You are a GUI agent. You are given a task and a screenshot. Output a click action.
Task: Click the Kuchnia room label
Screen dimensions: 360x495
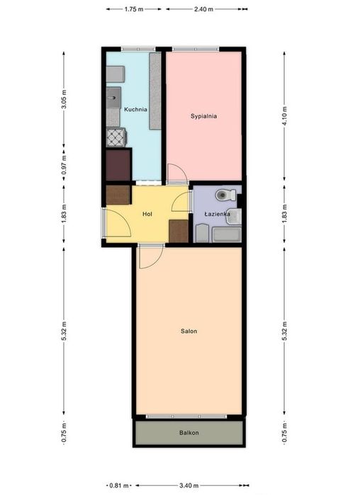click(135, 110)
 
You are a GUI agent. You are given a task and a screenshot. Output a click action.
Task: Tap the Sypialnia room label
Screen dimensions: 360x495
click(203, 116)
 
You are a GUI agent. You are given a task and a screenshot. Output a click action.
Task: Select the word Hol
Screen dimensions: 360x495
click(147, 214)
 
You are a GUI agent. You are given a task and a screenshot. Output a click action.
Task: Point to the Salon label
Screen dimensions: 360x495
click(189, 331)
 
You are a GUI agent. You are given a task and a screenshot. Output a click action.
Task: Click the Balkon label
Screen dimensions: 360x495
click(189, 433)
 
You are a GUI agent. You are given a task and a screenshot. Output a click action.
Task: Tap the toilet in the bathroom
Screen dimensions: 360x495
click(225, 195)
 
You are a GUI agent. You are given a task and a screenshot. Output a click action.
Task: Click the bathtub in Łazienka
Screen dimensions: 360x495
click(227, 235)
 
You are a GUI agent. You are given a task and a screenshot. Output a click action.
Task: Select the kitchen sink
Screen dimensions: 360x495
click(113, 98)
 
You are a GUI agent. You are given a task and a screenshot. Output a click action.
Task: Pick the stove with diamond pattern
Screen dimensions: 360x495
click(116, 137)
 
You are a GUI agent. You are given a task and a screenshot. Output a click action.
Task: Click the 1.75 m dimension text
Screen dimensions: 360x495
click(134, 9)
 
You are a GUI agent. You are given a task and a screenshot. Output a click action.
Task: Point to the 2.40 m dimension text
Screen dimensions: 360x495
click(203, 9)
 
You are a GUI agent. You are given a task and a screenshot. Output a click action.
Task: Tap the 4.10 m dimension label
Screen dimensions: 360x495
click(284, 116)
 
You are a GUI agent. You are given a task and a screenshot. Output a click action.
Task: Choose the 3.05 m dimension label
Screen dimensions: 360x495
click(64, 99)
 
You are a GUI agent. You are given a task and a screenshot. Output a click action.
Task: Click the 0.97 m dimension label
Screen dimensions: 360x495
click(64, 165)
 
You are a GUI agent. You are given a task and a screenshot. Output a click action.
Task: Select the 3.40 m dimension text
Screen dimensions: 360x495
click(189, 485)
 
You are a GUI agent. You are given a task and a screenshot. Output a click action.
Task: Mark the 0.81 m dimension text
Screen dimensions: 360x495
click(119, 485)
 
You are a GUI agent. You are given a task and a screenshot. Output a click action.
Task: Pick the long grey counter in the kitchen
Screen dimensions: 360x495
click(155, 91)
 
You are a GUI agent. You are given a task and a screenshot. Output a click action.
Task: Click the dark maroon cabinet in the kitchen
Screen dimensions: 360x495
click(118, 165)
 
